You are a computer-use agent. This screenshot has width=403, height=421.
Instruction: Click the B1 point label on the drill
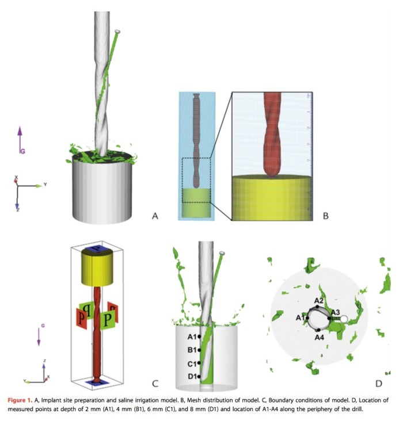pos(193,350)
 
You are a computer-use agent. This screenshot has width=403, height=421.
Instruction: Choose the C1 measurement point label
pos(193,363)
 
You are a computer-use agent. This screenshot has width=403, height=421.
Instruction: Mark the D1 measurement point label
pos(193,377)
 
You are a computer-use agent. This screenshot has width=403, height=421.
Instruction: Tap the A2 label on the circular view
pos(318,300)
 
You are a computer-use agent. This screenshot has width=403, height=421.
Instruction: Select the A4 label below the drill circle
pos(320,338)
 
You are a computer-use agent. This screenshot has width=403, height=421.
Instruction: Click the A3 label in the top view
pos(334,312)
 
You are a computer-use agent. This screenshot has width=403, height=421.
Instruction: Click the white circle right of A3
pos(344,318)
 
